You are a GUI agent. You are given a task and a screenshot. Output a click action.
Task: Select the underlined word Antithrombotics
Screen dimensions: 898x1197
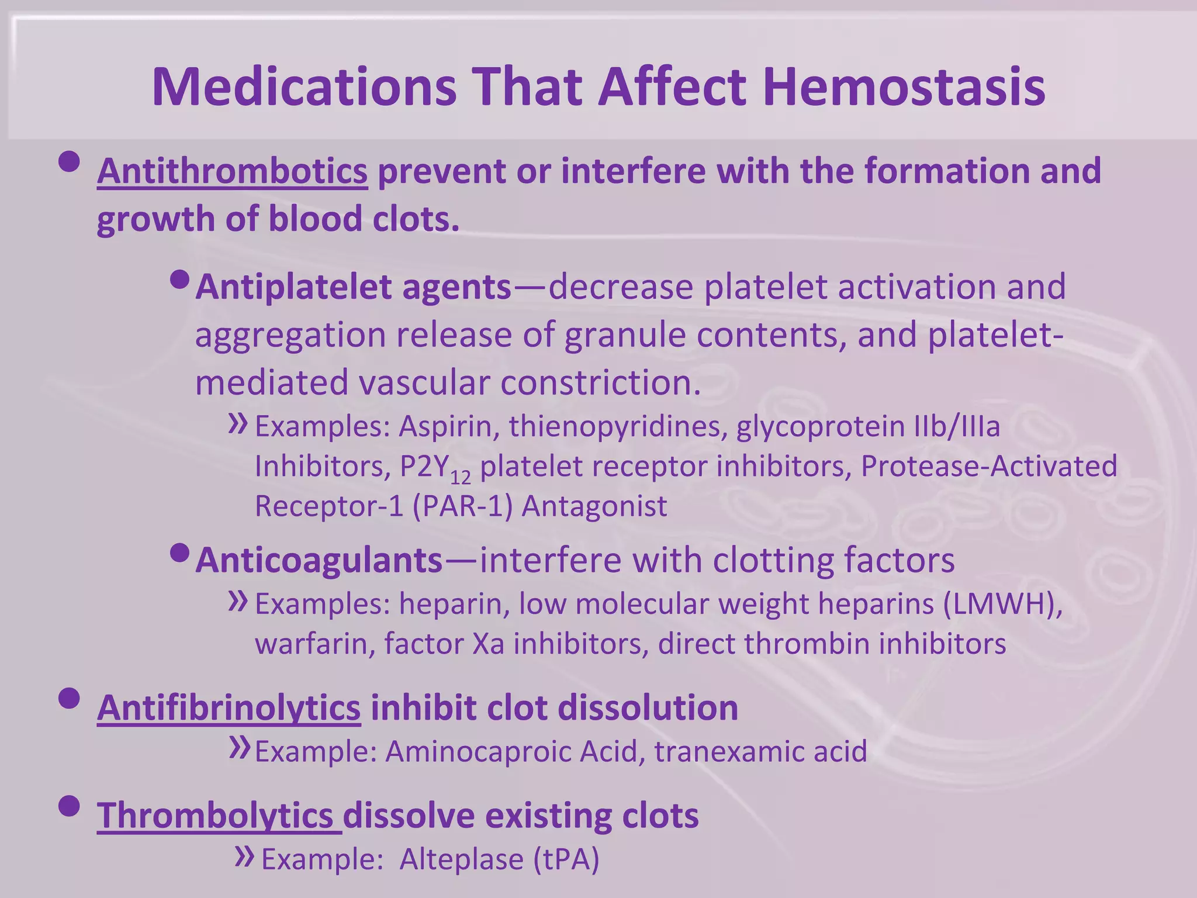coord(232,171)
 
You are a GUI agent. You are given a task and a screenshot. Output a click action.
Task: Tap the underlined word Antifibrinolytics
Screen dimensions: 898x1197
coord(229,708)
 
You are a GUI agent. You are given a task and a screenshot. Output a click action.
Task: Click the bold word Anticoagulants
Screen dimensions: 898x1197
coord(319,560)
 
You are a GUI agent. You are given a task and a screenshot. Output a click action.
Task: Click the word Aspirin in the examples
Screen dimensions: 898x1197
coord(445,426)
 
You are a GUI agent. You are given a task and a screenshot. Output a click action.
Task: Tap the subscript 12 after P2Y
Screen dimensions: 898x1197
coord(461,478)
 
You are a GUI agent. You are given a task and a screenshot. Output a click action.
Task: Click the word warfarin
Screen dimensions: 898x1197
coord(314,644)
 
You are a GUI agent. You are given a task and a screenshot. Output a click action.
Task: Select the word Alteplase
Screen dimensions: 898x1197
coord(461,859)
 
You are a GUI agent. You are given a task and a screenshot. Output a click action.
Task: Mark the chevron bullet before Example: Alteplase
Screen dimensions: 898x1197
coord(244,856)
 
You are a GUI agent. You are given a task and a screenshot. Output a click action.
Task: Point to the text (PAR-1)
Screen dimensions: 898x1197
coord(462,506)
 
